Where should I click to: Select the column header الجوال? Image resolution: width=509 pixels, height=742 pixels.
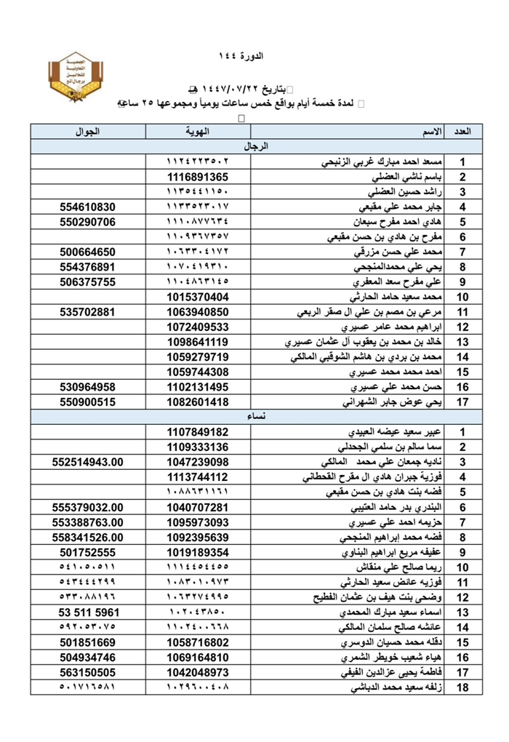click(x=88, y=132)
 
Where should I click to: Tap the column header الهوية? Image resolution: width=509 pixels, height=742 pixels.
click(x=198, y=132)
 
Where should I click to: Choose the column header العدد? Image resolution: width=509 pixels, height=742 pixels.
click(x=462, y=132)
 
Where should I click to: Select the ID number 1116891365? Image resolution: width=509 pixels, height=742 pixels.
click(x=198, y=177)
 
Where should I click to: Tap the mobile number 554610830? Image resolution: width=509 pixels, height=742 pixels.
click(x=88, y=207)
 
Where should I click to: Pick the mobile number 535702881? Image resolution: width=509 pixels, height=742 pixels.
click(x=88, y=312)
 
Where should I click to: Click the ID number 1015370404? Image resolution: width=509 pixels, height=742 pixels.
click(x=198, y=297)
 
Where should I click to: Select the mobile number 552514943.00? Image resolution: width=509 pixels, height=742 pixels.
click(x=88, y=462)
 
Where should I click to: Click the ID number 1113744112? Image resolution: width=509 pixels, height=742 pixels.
click(x=198, y=477)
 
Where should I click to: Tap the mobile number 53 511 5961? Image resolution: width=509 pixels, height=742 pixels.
click(x=88, y=613)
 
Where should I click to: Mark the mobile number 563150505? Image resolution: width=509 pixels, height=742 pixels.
click(x=88, y=672)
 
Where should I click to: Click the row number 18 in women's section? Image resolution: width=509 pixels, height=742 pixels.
click(x=462, y=687)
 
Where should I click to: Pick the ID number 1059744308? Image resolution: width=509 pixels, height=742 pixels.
click(x=198, y=372)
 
